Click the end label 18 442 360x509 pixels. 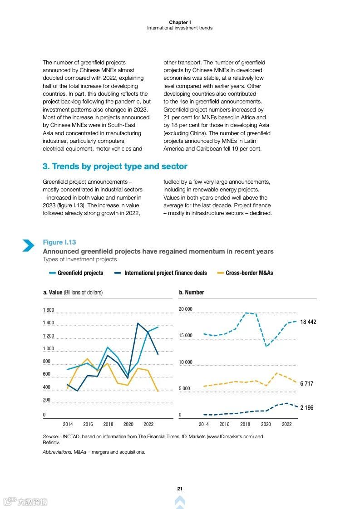point(308,322)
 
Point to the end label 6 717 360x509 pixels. point(307,384)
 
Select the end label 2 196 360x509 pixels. point(307,408)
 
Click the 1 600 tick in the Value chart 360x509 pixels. point(49,310)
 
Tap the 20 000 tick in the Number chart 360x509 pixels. point(186,309)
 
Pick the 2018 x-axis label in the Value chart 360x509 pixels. point(108,424)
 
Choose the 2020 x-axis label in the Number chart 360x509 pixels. point(266,424)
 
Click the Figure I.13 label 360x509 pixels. point(59,242)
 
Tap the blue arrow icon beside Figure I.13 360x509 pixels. point(28,245)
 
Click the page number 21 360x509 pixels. point(180,489)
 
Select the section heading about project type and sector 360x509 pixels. point(115,166)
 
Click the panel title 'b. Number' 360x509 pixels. point(192,293)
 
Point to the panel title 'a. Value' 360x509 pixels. point(73,293)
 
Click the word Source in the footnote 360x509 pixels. point(50,436)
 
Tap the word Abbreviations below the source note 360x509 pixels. point(57,452)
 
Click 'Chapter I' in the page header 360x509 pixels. point(180,22)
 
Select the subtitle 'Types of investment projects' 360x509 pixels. point(80,259)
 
